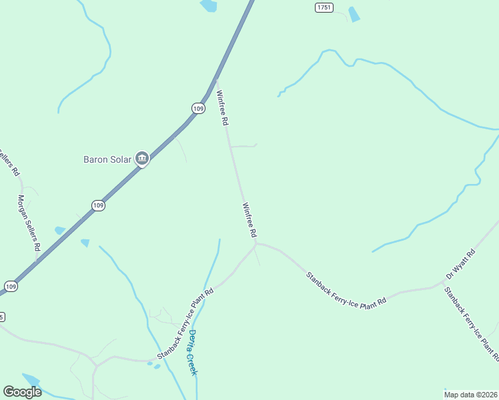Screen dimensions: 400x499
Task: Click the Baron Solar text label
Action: [107, 159]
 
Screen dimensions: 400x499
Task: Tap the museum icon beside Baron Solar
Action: [141, 159]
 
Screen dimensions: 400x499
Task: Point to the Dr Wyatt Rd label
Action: [460, 264]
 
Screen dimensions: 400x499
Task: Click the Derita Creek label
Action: [193, 352]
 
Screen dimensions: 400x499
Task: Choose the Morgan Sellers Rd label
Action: [29, 223]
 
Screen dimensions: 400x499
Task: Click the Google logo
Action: [22, 392]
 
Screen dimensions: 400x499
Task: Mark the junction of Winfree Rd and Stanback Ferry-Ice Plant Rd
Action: [256, 244]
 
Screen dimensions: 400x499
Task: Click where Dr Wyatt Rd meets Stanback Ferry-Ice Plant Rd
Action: [443, 283]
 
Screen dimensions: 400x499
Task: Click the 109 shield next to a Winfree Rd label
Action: [198, 108]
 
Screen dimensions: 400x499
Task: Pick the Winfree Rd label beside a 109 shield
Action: [222, 109]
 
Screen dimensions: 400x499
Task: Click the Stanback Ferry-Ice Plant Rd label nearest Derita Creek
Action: [184, 323]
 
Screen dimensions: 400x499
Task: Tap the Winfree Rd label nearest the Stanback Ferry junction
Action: [249, 221]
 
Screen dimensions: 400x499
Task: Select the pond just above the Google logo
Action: [31, 379]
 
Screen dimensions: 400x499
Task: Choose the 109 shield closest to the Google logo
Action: [10, 286]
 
